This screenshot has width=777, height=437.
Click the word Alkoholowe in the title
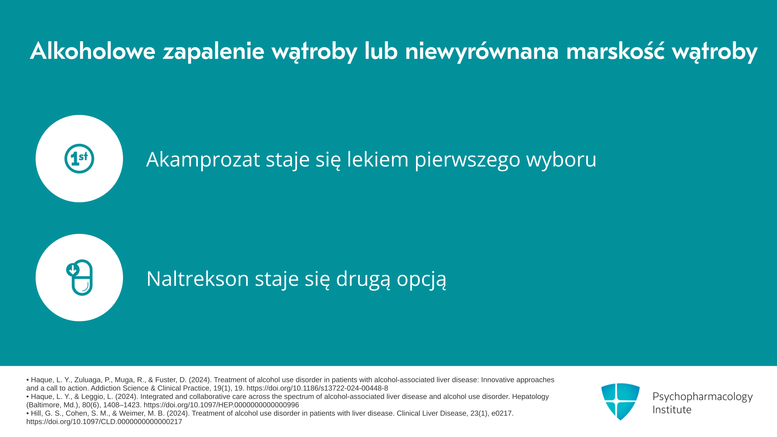(93, 51)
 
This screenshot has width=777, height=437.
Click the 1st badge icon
(79, 159)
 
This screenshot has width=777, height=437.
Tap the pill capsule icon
(80, 278)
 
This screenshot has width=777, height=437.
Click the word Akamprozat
(203, 159)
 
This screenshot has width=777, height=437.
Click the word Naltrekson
(197, 278)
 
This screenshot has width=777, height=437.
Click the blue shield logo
(620, 401)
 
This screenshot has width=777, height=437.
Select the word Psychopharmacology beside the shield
(703, 397)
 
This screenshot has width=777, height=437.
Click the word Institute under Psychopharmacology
(672, 409)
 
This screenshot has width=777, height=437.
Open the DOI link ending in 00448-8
(317, 388)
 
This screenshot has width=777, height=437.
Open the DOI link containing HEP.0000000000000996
(221, 405)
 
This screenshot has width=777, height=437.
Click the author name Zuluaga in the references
(88, 380)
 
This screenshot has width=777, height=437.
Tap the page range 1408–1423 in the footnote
(122, 405)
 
